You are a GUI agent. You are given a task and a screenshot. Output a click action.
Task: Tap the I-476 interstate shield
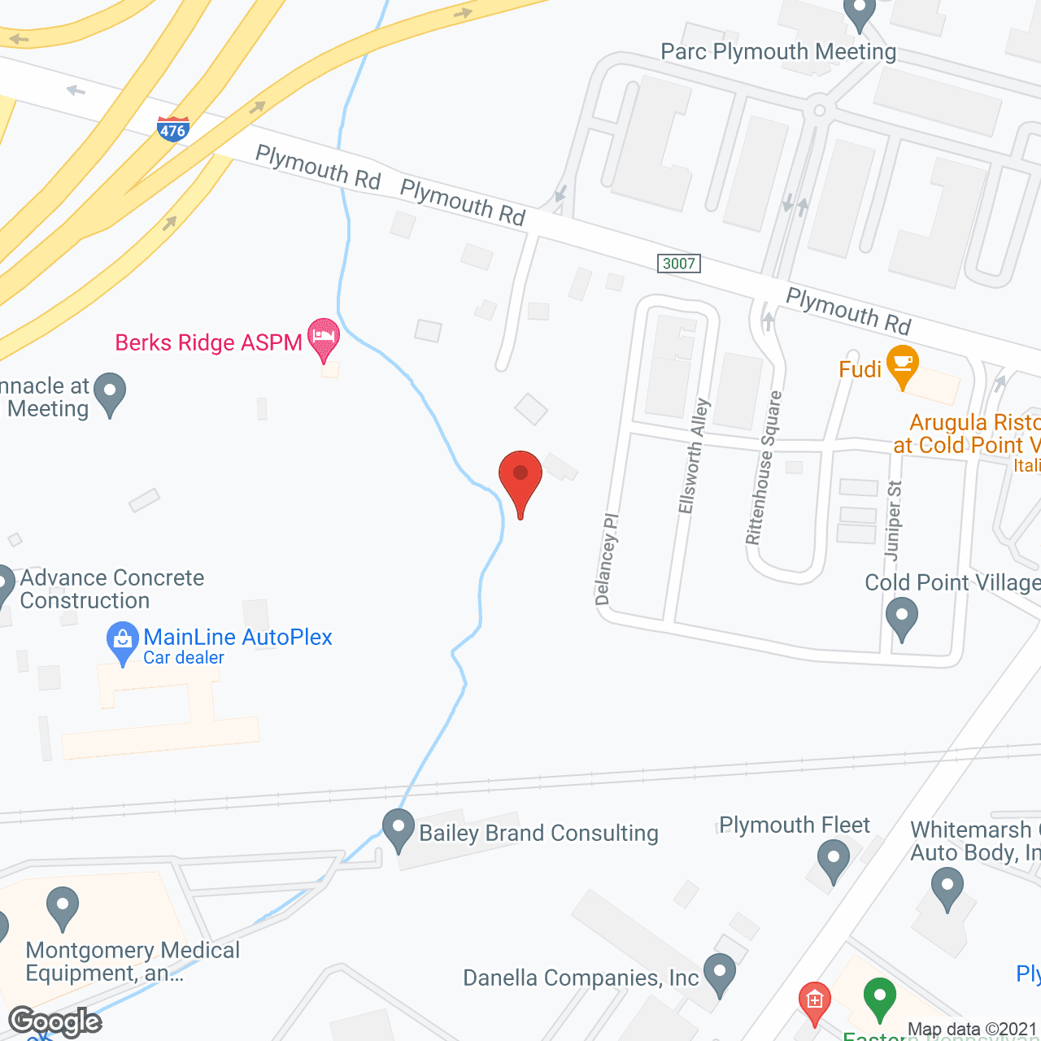point(172,129)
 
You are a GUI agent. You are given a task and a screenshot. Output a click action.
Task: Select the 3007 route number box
point(678,264)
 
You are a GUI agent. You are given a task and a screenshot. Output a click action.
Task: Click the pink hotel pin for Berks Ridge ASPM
point(324,338)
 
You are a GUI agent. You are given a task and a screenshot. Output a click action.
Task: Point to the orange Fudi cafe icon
point(903,365)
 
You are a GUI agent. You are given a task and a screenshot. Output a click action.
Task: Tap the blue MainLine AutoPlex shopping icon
point(123,641)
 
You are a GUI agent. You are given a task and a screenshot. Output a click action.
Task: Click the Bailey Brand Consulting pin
point(399,830)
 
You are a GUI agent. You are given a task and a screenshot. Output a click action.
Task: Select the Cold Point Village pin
point(901,617)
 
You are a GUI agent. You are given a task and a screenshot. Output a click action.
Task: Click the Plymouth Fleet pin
point(833,860)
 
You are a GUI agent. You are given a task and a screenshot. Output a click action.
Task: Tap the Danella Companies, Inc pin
point(720,973)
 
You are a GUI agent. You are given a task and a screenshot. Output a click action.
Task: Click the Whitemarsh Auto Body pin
point(947,887)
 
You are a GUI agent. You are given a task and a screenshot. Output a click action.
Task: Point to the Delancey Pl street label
point(607,560)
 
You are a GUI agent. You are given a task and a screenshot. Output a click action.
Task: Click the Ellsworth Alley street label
point(694,456)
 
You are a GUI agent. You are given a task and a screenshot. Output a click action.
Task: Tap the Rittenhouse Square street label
point(764,468)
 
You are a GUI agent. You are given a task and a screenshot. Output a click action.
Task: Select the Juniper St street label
point(894,520)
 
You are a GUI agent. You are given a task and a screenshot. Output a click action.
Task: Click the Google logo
point(54,1021)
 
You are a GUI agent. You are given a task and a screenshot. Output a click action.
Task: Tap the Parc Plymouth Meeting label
point(777,52)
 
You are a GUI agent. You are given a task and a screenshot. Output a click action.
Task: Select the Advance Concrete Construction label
point(111,589)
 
